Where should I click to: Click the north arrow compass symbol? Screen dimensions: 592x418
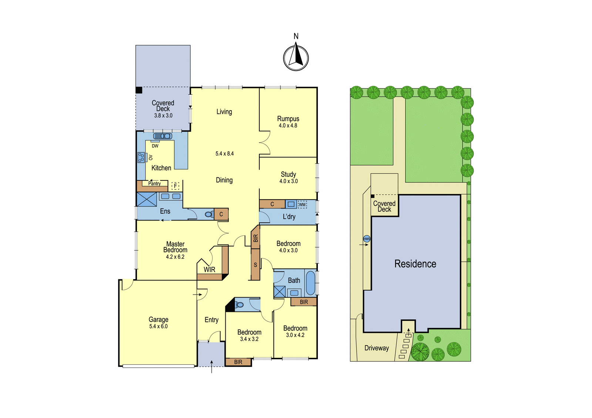pyautogui.click(x=296, y=58)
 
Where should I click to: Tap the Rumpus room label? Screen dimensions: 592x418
pyautogui.click(x=288, y=119)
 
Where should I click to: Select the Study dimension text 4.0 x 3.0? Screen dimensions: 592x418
pyautogui.click(x=289, y=181)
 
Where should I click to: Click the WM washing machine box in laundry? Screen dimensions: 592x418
pyautogui.click(x=302, y=204)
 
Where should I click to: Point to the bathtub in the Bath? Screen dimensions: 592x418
pyautogui.click(x=310, y=282)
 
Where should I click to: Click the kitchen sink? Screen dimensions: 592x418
pyautogui.click(x=162, y=136)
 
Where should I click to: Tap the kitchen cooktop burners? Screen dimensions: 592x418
pyautogui.click(x=141, y=158)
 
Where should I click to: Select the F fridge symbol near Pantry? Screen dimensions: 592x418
pyautogui.click(x=175, y=186)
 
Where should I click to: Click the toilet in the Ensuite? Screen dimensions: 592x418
pyautogui.click(x=209, y=214)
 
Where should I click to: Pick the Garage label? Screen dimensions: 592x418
pyautogui.click(x=158, y=320)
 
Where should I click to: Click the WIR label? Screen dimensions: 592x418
pyautogui.click(x=209, y=269)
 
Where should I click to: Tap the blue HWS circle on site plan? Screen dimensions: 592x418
pyautogui.click(x=367, y=239)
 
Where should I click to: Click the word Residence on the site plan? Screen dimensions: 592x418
pyautogui.click(x=415, y=264)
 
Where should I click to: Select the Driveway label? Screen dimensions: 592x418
pyautogui.click(x=377, y=348)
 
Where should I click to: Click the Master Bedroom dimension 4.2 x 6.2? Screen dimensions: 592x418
pyautogui.click(x=175, y=256)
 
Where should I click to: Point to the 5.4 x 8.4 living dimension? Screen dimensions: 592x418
pyautogui.click(x=225, y=154)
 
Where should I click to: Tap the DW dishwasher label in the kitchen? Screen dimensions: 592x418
pyautogui.click(x=155, y=146)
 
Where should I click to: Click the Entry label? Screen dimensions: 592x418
pyautogui.click(x=211, y=320)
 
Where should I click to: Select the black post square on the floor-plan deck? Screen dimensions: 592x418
pyautogui.click(x=139, y=90)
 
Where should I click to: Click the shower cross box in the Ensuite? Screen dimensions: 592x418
pyautogui.click(x=147, y=199)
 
